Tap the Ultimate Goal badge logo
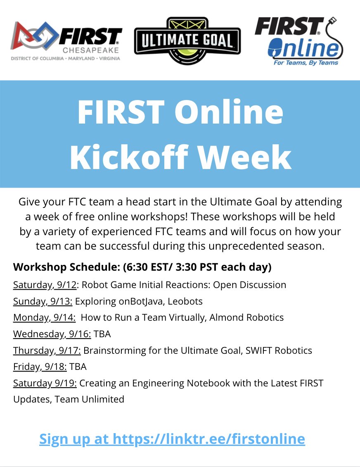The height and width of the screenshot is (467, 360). (187, 41)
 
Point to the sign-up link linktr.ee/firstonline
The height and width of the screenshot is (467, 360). (172, 438)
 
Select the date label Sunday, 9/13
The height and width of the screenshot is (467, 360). (43, 301)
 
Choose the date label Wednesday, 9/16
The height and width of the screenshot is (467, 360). (52, 334)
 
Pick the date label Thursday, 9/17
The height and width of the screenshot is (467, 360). (47, 350)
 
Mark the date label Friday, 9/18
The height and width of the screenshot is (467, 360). (40, 367)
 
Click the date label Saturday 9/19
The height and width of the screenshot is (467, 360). (45, 383)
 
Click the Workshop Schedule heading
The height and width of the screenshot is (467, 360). (66, 267)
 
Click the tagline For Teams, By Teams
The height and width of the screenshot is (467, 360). (306, 63)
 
